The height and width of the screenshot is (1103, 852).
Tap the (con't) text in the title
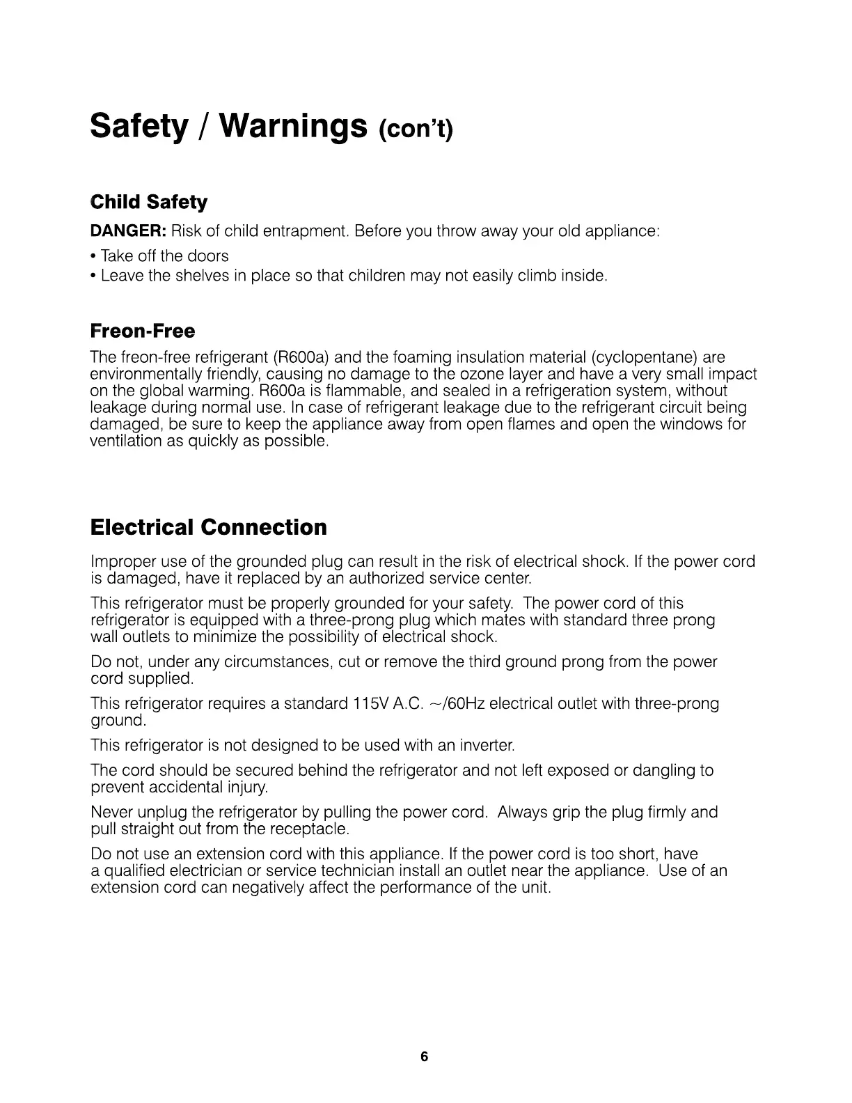pos(416,130)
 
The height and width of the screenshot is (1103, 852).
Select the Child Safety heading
pos(149,203)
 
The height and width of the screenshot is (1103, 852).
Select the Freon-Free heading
pos(143,331)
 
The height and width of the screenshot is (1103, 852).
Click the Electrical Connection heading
pos(208,527)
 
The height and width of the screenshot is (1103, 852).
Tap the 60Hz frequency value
pos(467,704)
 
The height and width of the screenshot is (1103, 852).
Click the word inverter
pos(487,746)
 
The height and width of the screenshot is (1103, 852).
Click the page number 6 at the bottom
pos(425,1057)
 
